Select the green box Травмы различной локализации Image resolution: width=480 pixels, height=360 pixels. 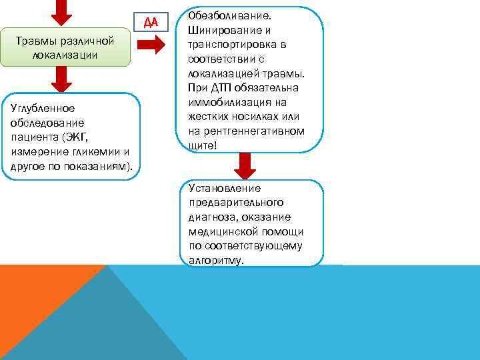65,48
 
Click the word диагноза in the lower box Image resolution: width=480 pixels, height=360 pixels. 211,217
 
